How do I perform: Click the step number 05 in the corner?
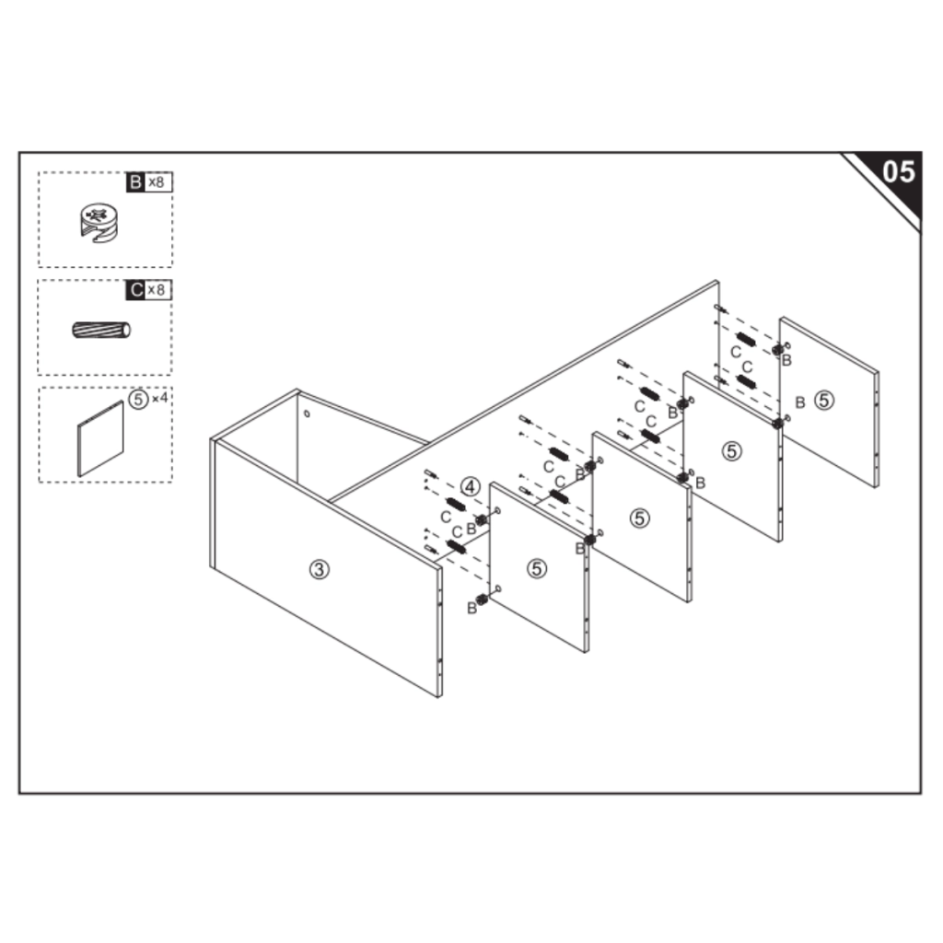899,172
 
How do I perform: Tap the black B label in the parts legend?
135,181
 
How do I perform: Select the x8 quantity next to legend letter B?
157,181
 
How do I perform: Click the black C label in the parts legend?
136,290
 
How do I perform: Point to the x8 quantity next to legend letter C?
157,290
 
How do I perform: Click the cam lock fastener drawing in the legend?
99,223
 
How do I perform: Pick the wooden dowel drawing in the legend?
101,331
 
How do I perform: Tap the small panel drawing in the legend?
100,439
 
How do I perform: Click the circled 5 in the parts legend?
138,399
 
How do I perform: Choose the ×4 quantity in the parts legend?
160,398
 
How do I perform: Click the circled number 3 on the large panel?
320,569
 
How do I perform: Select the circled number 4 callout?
471,486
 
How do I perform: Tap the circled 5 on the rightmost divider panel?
824,400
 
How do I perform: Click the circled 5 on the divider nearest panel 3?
537,568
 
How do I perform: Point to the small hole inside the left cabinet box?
307,413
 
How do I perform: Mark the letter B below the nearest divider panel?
472,609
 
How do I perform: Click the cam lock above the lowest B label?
481,599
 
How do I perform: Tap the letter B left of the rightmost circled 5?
800,402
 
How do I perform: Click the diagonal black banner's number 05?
899,172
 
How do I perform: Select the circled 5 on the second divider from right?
731,451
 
